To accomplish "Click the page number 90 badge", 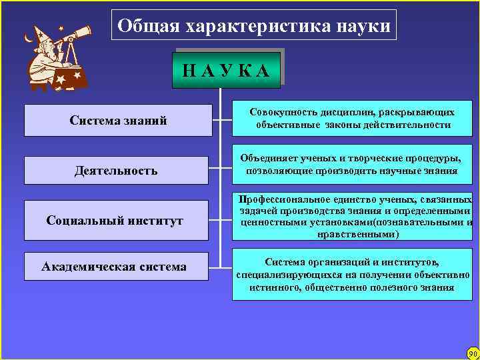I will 473,353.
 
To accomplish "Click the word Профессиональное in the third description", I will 285,199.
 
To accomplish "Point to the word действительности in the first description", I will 412,125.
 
